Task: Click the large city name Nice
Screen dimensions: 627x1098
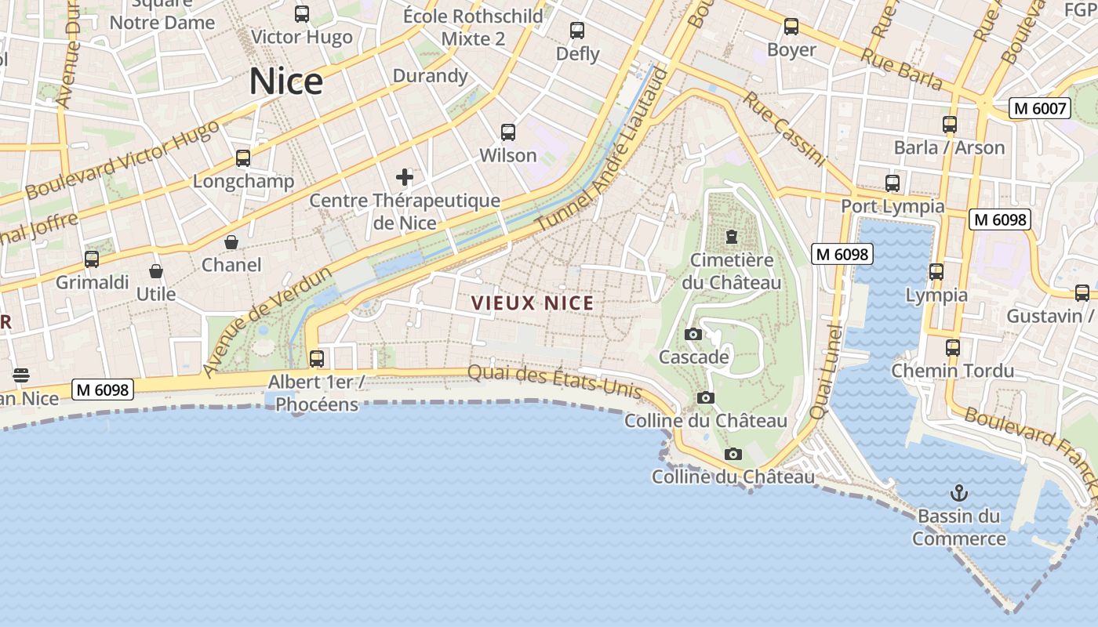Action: pyautogui.click(x=286, y=82)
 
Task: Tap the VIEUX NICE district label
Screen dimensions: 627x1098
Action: pyautogui.click(x=533, y=303)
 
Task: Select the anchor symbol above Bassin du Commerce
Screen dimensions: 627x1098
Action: pyautogui.click(x=958, y=493)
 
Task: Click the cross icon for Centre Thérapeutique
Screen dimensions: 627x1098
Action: pyautogui.click(x=405, y=176)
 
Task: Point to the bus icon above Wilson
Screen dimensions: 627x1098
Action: pyautogui.click(x=508, y=132)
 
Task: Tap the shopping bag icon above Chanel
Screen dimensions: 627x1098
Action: pyautogui.click(x=231, y=241)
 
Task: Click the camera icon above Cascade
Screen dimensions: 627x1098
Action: pyautogui.click(x=693, y=335)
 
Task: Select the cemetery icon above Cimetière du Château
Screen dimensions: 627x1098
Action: pyautogui.click(x=732, y=236)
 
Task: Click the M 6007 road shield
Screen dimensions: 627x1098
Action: pyautogui.click(x=1040, y=108)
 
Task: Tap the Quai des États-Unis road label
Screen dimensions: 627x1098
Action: pyautogui.click(x=554, y=382)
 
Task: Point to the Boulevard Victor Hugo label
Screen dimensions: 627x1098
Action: pyautogui.click(x=123, y=161)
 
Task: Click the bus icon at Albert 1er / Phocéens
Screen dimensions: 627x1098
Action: pyautogui.click(x=317, y=359)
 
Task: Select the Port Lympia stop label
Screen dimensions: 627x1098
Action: pyautogui.click(x=893, y=206)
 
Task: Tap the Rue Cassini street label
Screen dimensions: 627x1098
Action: pyautogui.click(x=784, y=129)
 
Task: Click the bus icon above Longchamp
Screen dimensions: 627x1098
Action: pyautogui.click(x=243, y=158)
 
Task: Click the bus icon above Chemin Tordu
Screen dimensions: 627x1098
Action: pyautogui.click(x=953, y=347)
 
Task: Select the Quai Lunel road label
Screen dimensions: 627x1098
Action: pyautogui.click(x=825, y=371)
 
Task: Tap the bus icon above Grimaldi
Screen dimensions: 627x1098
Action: pyautogui.click(x=92, y=259)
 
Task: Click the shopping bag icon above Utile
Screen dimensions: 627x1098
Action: pyautogui.click(x=156, y=271)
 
